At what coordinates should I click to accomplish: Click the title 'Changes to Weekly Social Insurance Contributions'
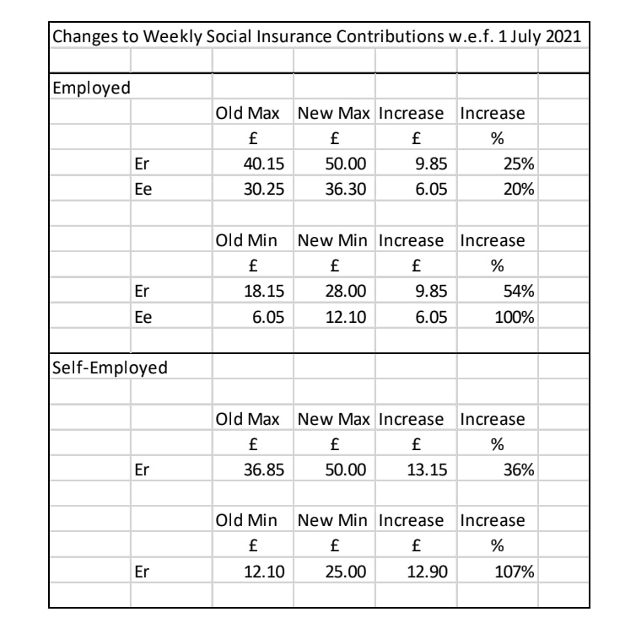point(315,39)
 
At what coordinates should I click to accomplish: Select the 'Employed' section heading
point(87,87)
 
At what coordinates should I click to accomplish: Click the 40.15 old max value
point(264,164)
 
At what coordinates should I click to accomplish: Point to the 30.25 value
point(264,189)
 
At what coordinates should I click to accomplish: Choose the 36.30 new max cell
point(346,189)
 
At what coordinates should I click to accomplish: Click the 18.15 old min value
point(264,291)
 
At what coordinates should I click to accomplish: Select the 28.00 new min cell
point(346,291)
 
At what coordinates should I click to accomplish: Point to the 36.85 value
point(264,470)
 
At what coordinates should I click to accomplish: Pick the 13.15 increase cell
point(427,470)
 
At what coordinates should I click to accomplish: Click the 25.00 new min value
point(346,572)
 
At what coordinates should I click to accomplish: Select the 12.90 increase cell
point(427,572)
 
